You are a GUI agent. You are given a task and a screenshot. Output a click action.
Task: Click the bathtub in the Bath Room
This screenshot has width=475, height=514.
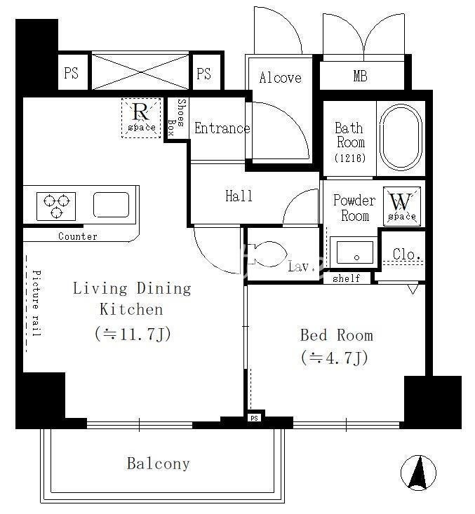(401, 137)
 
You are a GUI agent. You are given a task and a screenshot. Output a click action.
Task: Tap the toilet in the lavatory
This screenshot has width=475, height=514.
(267, 254)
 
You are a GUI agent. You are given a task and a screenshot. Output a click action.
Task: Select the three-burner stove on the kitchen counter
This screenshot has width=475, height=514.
(56, 206)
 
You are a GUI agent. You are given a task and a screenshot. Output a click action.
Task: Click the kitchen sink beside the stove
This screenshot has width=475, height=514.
(111, 205)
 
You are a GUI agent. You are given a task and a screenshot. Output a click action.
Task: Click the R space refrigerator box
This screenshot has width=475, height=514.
(141, 118)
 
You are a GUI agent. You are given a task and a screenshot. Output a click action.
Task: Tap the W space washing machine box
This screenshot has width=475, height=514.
(402, 207)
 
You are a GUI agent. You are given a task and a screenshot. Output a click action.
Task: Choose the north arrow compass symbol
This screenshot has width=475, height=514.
(419, 473)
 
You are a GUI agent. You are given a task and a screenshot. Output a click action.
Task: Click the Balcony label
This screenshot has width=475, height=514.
(159, 464)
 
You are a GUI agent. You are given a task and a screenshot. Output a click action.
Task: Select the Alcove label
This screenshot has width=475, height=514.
(280, 78)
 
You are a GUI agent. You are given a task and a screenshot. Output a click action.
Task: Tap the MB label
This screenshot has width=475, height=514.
(360, 76)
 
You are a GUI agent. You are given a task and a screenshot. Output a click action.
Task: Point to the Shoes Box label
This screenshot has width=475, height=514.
(176, 117)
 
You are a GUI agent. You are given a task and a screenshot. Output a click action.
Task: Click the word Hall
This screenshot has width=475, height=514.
(239, 196)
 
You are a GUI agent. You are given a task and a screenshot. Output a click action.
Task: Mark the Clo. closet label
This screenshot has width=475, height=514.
(407, 254)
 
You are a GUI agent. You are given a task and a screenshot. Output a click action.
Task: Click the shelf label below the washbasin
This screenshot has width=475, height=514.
(347, 278)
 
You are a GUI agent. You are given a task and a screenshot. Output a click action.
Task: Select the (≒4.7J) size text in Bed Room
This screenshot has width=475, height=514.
(335, 358)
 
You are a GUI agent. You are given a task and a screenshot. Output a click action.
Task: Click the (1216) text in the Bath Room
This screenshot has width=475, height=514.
(350, 158)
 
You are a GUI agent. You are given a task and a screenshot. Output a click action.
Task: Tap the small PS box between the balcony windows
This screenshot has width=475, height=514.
(255, 418)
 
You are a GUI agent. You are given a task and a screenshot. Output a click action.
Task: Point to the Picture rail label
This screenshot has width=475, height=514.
(36, 303)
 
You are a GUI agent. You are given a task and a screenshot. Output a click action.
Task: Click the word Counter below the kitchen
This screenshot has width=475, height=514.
(78, 236)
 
